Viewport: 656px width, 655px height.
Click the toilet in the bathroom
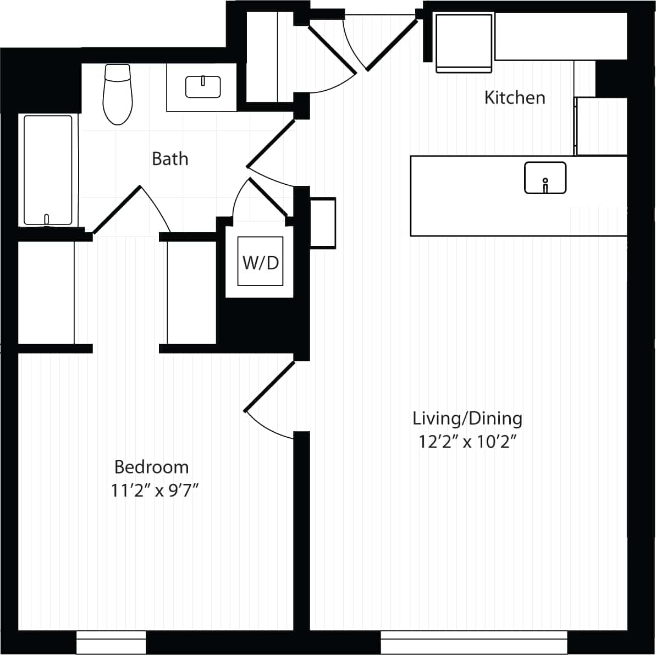(118, 95)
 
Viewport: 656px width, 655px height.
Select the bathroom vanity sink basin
(203, 87)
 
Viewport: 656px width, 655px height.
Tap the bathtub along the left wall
(48, 170)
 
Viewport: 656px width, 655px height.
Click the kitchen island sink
(545, 178)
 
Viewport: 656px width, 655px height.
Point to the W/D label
(261, 263)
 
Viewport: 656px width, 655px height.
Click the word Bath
(170, 159)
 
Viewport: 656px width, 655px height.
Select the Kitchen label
(515, 98)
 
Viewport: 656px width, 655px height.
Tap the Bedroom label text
(152, 467)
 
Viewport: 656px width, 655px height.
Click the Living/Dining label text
(467, 419)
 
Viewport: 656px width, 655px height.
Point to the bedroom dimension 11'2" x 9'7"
(155, 491)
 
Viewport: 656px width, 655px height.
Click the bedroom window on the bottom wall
(111, 642)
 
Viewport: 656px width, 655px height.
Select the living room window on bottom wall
(473, 641)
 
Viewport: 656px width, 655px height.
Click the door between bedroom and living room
(269, 387)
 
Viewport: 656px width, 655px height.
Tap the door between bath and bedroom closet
(117, 210)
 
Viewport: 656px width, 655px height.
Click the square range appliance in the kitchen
(464, 43)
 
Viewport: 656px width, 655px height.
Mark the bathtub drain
(47, 218)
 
